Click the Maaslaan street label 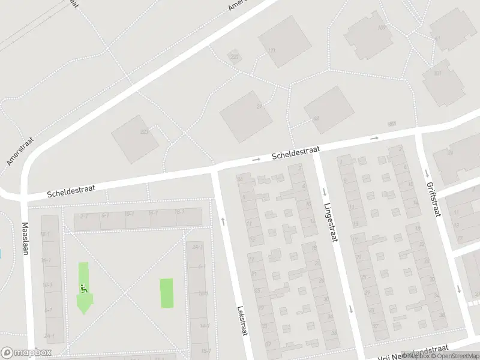click(25, 239)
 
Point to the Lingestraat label click(331, 222)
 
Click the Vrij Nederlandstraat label click(414, 352)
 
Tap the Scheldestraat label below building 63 click(296, 152)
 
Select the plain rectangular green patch click(166, 293)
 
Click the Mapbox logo click(25, 353)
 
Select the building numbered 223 click(135, 138)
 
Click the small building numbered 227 click(234, 58)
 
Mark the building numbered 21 click(246, 116)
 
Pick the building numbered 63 click(329, 109)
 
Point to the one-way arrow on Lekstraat click(223, 221)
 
